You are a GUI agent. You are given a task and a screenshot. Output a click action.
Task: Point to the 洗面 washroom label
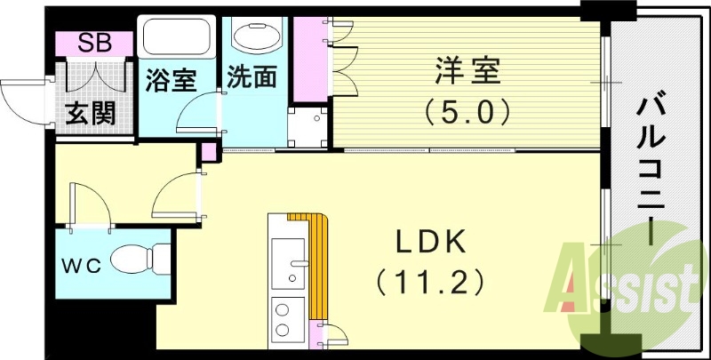click(x=252, y=77)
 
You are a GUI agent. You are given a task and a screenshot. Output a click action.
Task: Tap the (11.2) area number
click(x=430, y=283)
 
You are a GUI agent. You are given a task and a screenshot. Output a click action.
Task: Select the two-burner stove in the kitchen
click(x=287, y=318)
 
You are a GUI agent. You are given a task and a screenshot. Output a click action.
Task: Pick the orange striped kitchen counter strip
click(x=318, y=267)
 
